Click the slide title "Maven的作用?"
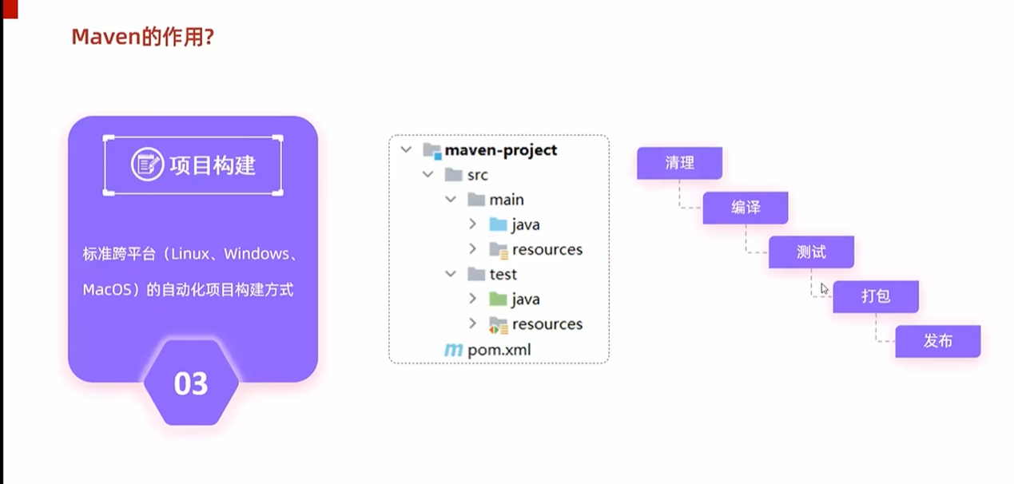click(x=142, y=37)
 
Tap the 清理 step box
click(x=679, y=163)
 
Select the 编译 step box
click(x=746, y=208)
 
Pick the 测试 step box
click(x=811, y=252)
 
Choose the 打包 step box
click(x=876, y=296)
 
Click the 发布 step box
click(x=937, y=341)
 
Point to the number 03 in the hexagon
click(x=191, y=384)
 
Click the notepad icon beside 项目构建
click(x=147, y=165)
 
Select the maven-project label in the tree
click(x=501, y=150)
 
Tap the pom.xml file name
click(x=499, y=349)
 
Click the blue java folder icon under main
click(x=498, y=224)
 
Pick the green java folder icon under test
click(x=498, y=299)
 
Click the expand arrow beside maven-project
click(x=407, y=150)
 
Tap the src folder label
click(x=477, y=175)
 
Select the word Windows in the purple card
click(x=256, y=254)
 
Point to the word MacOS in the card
click(x=107, y=290)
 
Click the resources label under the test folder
click(x=547, y=323)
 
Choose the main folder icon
click(x=476, y=200)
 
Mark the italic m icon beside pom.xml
click(x=453, y=349)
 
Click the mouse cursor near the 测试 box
click(x=825, y=288)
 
